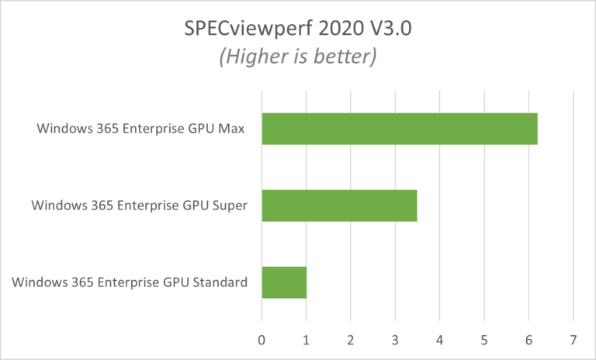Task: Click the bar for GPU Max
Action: [x=399, y=129]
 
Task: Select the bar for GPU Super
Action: [x=339, y=206]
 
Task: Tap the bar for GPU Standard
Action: [x=284, y=282]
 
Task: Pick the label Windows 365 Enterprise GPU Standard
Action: [x=130, y=282]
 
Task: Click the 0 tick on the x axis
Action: [x=262, y=339]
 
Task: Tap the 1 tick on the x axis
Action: [x=307, y=339]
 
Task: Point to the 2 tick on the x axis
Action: [x=351, y=339]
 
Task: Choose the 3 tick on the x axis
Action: [x=395, y=339]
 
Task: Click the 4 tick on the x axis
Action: [x=440, y=339]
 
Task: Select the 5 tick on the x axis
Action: [x=484, y=339]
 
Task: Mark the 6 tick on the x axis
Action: [x=528, y=339]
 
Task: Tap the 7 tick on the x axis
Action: [x=573, y=339]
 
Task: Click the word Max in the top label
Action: [x=231, y=129]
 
